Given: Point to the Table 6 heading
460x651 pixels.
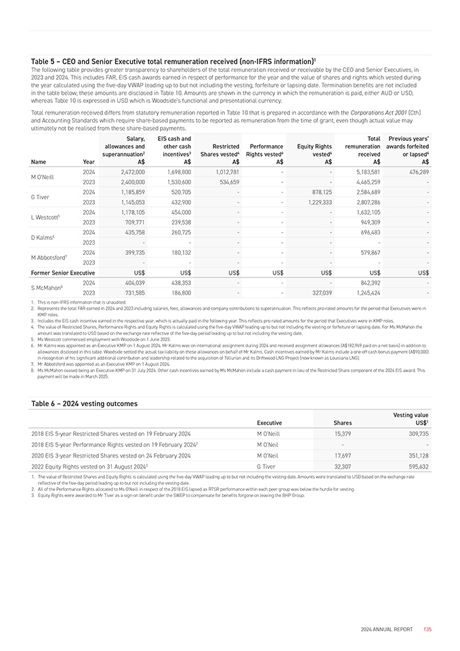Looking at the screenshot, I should coord(84,403).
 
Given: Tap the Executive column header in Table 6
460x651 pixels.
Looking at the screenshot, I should coord(269,422).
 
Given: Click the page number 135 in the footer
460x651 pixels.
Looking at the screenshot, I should coord(427,629).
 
